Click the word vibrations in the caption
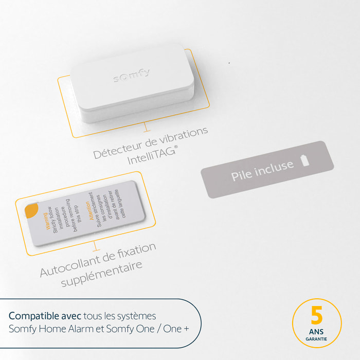[182, 134]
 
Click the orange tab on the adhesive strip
[30, 210]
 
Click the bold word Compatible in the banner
[31, 315]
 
